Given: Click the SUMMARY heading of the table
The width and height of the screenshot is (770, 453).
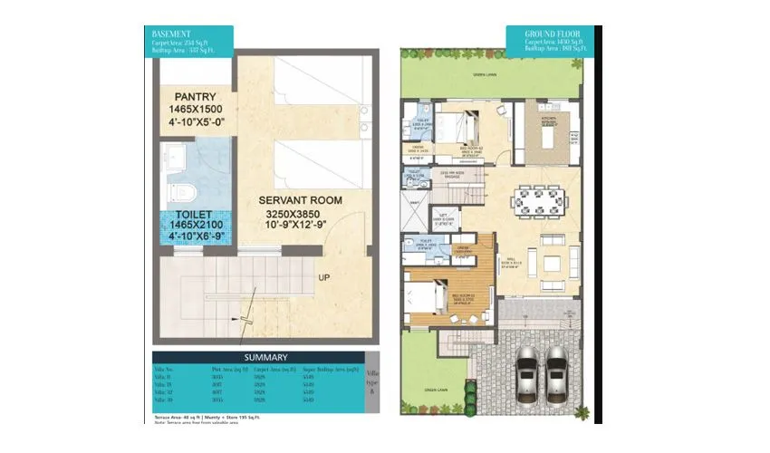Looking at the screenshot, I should coord(258,357).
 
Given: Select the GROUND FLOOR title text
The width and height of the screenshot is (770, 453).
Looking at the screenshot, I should coord(549,34).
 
